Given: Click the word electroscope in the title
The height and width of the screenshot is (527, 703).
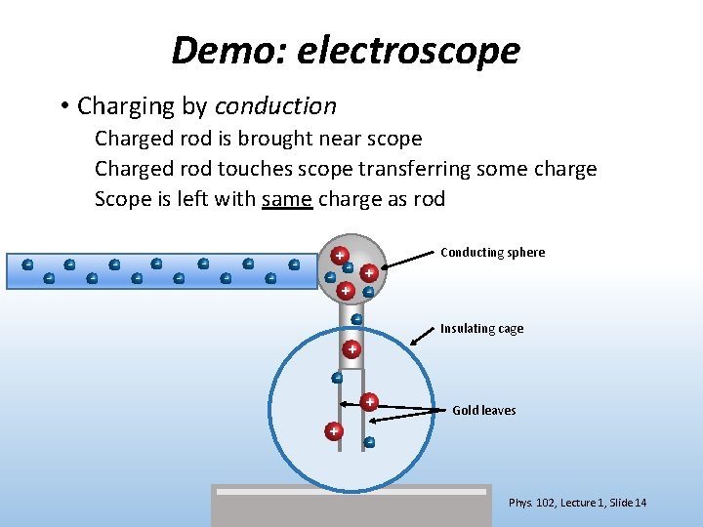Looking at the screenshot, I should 408,51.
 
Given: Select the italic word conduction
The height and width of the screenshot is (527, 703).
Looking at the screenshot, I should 275,105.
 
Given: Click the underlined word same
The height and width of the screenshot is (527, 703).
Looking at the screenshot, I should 286,199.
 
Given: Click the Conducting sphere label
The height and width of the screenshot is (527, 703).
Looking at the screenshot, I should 492,252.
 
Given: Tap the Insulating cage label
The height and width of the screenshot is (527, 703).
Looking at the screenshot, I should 481,328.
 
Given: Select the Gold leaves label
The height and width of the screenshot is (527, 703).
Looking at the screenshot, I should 483,410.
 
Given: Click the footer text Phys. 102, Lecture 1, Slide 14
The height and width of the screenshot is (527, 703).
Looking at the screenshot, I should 577,503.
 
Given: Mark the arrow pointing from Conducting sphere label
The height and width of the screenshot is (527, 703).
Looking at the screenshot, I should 408,260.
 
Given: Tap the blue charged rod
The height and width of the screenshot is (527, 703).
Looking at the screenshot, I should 161,271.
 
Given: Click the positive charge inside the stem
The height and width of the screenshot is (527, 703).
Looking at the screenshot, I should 351,348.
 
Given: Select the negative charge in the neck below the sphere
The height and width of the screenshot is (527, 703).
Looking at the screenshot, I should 356,319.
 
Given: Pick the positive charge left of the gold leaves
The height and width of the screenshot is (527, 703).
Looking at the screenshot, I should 334,430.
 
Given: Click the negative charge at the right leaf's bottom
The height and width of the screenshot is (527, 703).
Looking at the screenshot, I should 369,442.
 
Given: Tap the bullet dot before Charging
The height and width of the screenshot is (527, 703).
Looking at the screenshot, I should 62,105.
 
